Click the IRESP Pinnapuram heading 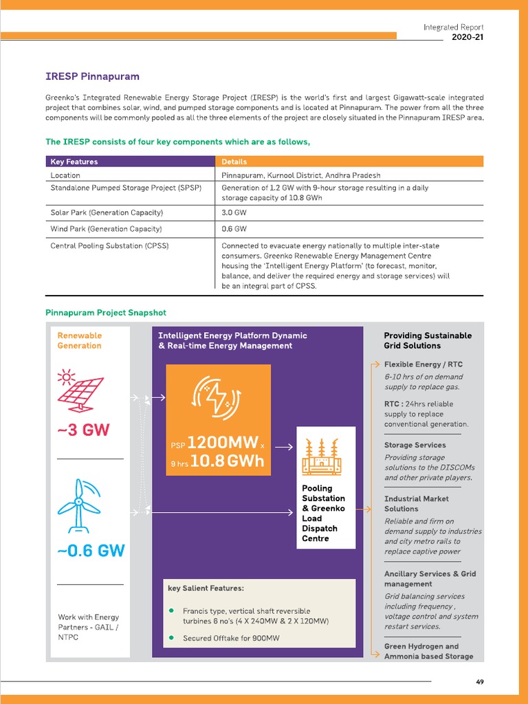[92, 76]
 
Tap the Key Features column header [74, 162]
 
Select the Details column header [234, 162]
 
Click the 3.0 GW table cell [234, 212]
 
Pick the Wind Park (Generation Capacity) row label [107, 229]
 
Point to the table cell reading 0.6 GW [234, 229]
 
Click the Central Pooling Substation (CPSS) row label [110, 245]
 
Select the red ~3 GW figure [84, 430]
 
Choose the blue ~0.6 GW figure [91, 551]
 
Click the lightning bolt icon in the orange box [218, 398]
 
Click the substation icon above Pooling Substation [326, 456]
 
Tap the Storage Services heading [415, 445]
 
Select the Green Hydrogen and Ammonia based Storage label [428, 651]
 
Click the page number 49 [479, 682]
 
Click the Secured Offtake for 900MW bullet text [231, 638]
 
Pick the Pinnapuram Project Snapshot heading [105, 313]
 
